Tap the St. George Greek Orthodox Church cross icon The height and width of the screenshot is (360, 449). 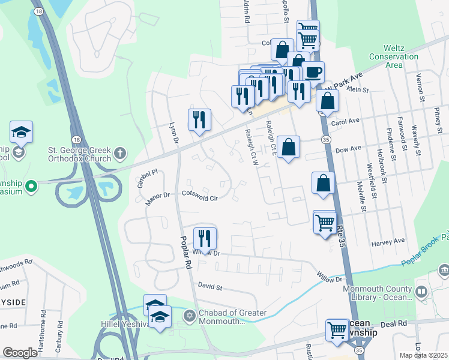coord(120,152)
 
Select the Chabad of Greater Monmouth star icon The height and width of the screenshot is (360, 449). coord(190,315)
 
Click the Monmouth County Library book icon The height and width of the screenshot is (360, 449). coord(421,292)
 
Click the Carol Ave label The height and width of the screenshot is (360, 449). coord(345,121)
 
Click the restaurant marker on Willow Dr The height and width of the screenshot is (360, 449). coord(205,239)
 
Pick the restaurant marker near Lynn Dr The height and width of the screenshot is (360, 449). coord(199,119)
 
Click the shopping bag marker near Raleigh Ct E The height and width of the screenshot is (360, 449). coord(288,148)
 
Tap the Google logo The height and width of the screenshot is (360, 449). coord(20,352)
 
